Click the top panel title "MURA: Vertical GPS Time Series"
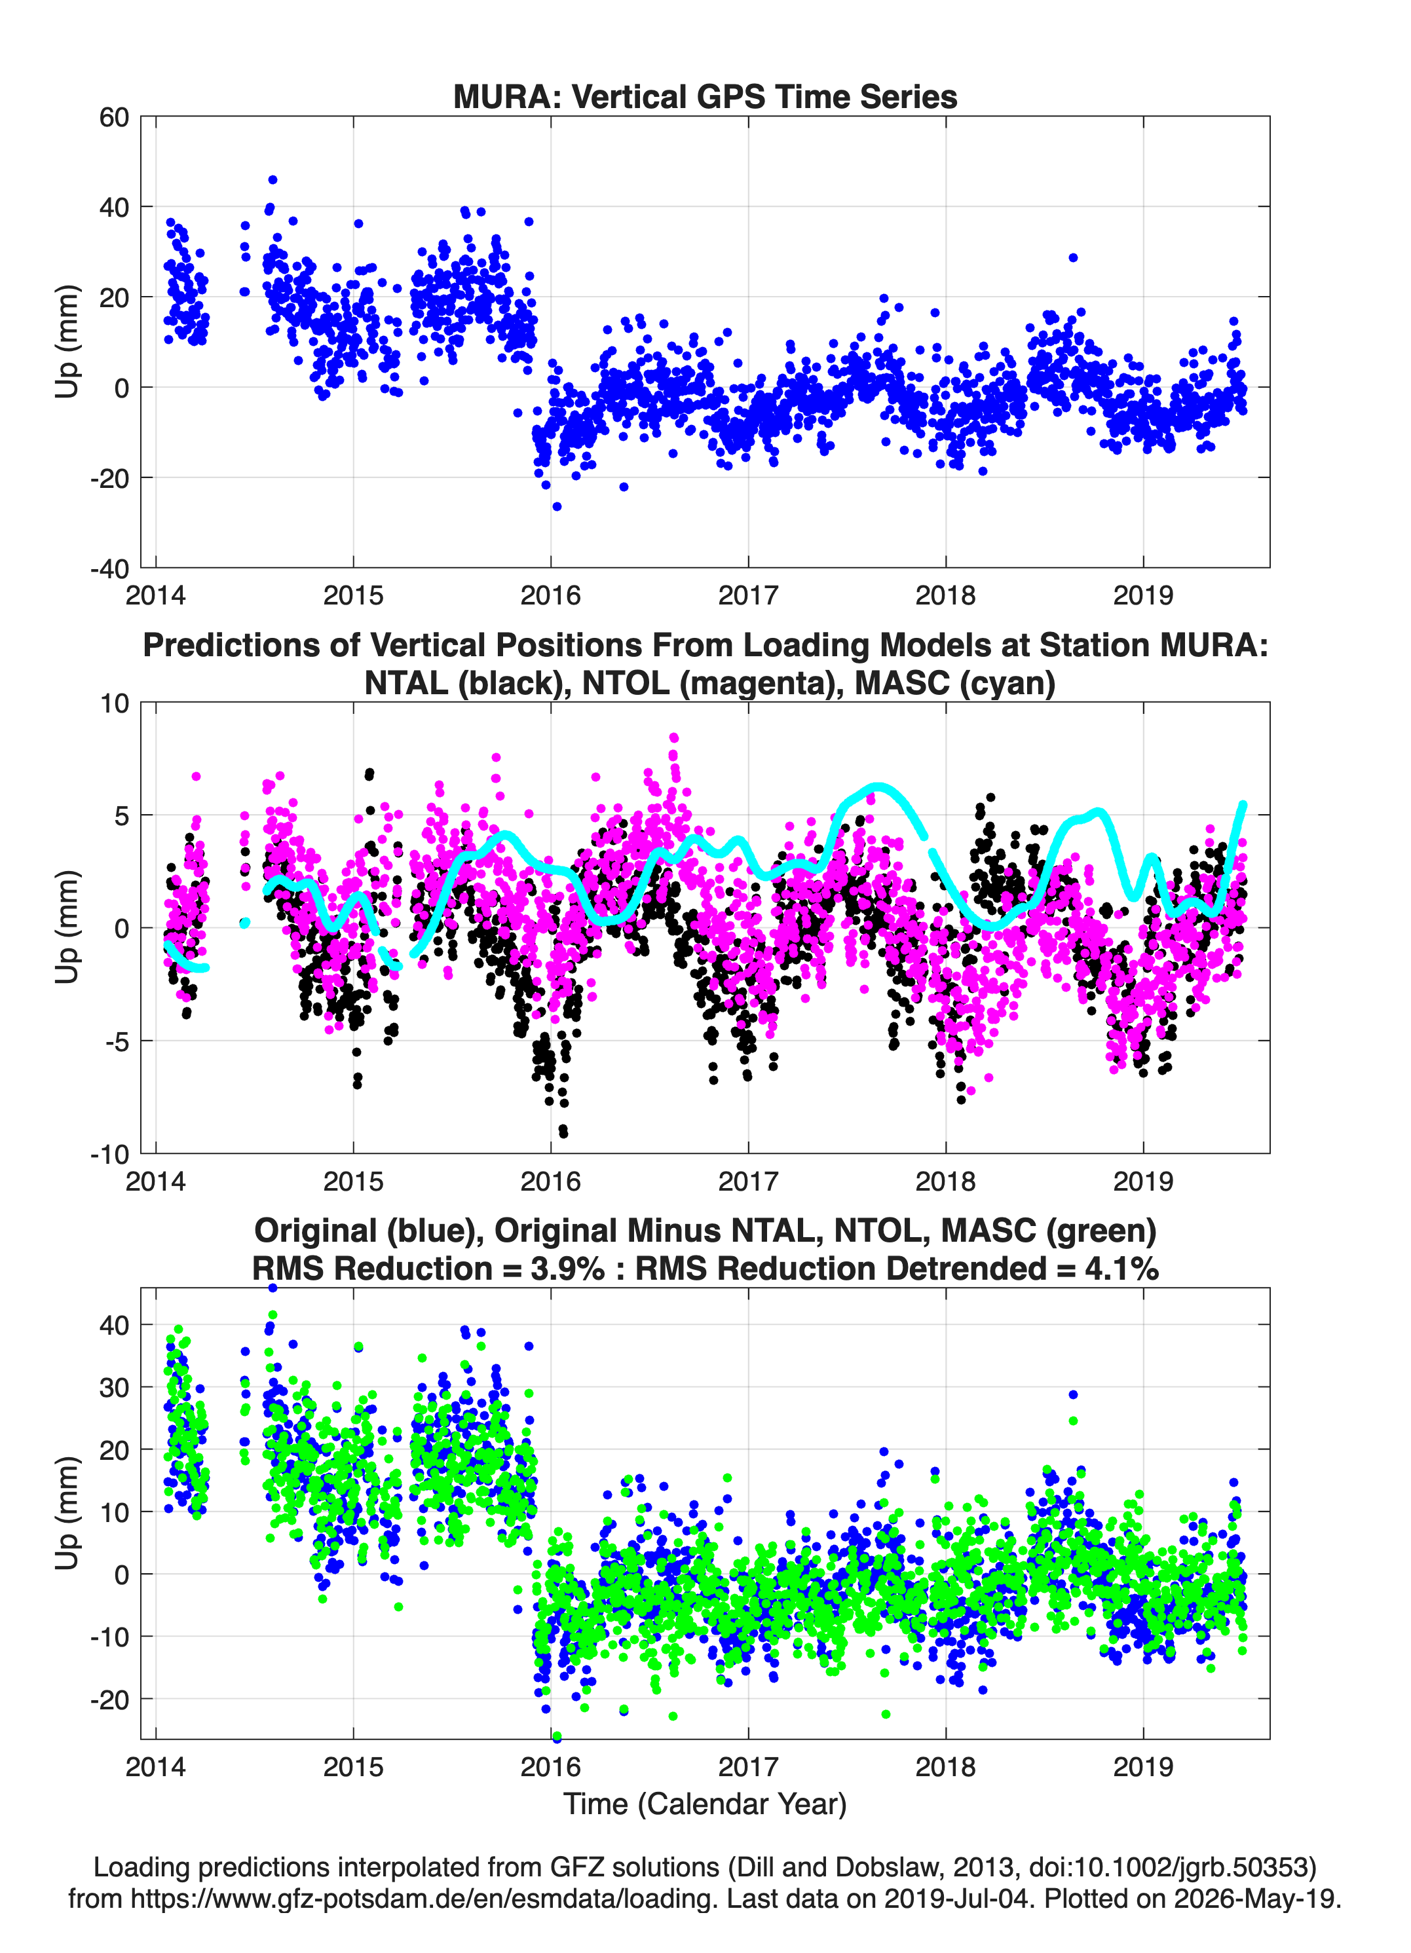(x=705, y=96)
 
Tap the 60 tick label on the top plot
(x=115, y=117)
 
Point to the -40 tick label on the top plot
(x=109, y=568)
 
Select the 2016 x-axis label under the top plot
(x=550, y=595)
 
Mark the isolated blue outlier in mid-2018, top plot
(x=1072, y=257)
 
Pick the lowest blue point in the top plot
(x=557, y=506)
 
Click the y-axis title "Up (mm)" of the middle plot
(x=67, y=927)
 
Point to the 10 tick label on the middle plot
(x=115, y=703)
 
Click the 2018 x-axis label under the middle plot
(x=946, y=1181)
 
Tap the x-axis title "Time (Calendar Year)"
(x=705, y=1804)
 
